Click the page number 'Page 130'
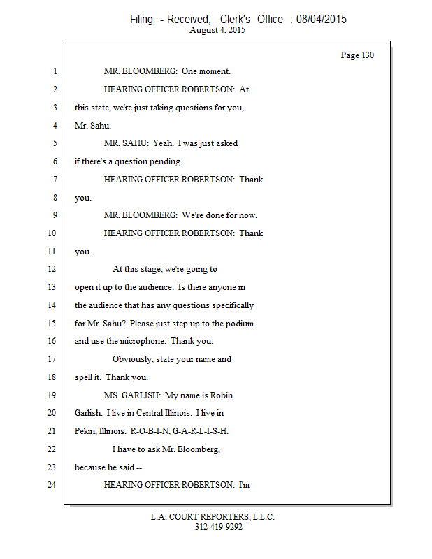tap(357, 55)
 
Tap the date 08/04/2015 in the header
tap(321, 20)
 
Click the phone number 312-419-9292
tap(219, 527)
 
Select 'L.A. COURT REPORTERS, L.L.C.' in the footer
tap(213, 517)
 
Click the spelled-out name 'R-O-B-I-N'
tap(150, 431)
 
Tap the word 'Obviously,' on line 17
tap(134, 359)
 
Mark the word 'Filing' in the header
tap(141, 20)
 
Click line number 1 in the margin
tap(54, 71)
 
